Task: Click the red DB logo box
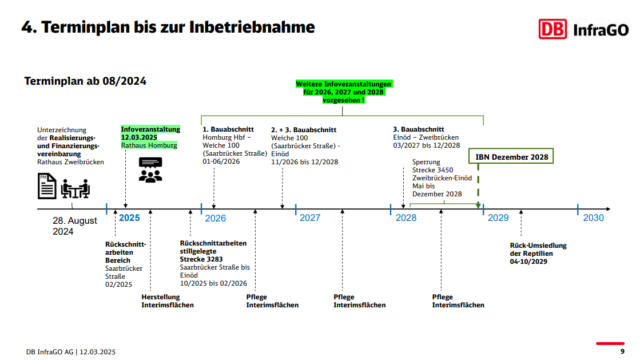coord(552,29)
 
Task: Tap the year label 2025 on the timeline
coord(129,218)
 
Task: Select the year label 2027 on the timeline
coord(310,218)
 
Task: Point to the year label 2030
coord(593,218)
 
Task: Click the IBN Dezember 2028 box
coord(511,156)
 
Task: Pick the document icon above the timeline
coord(47,186)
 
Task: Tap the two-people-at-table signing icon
coord(75,188)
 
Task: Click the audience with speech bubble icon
coord(150,169)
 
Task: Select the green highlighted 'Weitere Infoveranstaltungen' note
coord(343,92)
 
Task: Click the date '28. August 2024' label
coord(75,226)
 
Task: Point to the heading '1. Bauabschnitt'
coord(228,129)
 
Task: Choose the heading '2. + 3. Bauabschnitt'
coord(304,129)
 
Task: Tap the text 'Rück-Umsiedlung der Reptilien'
coord(538,250)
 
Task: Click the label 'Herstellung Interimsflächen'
coord(168,300)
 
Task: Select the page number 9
coord(622,351)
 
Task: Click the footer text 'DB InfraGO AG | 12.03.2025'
coord(70,352)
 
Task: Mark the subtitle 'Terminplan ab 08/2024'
coord(85,81)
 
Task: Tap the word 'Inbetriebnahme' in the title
coord(252,27)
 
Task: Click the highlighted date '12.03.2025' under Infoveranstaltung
coord(139,137)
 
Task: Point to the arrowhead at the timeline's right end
coord(608,209)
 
